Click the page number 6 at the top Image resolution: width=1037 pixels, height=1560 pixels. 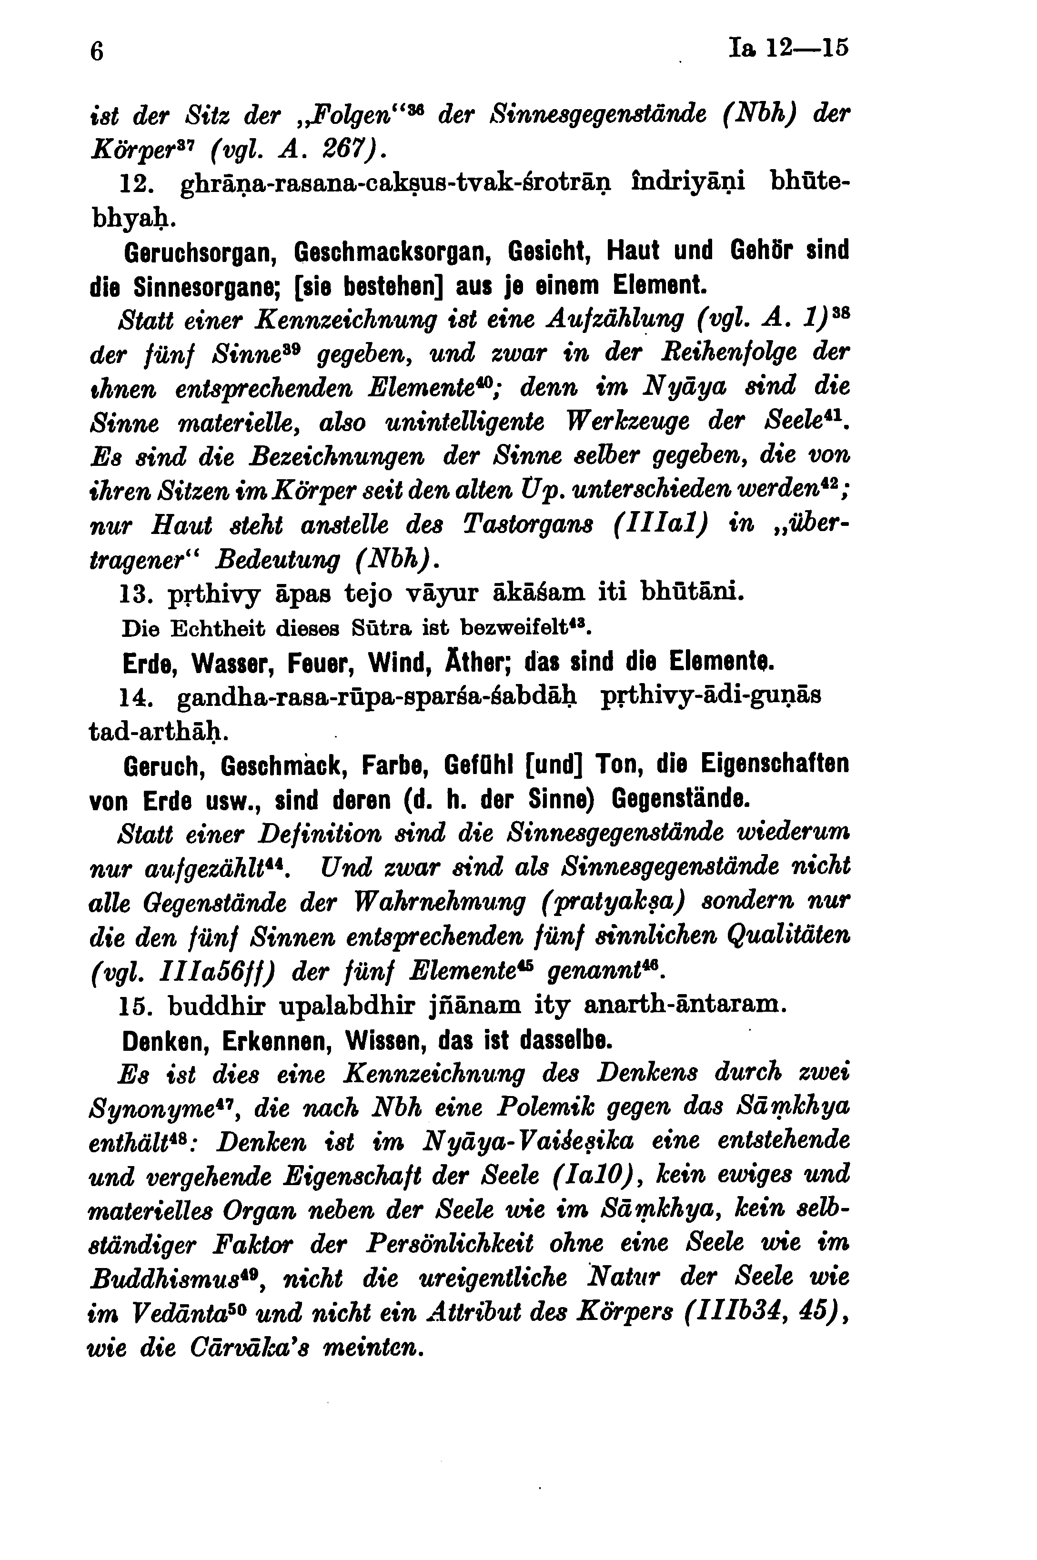97,51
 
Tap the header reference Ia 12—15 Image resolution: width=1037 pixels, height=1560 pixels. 788,48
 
